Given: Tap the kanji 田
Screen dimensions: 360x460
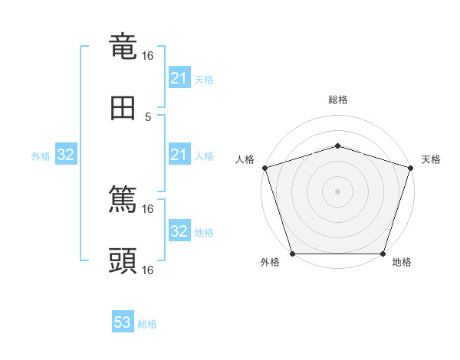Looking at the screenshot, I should (x=123, y=109).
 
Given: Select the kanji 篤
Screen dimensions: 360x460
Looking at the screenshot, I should (x=123, y=200).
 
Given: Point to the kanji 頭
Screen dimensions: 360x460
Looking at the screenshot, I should (x=123, y=261).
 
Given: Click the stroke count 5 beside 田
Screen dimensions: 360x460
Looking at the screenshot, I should (x=148, y=116).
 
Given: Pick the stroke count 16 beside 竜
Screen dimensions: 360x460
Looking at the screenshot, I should (x=148, y=56).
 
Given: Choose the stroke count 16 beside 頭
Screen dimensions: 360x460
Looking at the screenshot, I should (x=148, y=270).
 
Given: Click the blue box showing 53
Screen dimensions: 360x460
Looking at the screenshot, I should (x=123, y=322).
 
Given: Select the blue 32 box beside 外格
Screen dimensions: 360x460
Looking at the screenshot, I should (x=65, y=155).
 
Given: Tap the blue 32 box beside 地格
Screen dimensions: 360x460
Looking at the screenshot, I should (x=179, y=231).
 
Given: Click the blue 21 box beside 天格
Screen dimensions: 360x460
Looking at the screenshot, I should (x=179, y=78).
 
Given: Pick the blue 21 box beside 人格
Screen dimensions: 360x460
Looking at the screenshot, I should (x=179, y=155).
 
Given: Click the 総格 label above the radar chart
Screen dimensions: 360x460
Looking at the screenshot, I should (x=338, y=100).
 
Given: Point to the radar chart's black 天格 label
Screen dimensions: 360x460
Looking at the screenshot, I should (x=431, y=159).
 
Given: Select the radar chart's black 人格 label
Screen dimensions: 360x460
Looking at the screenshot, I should (x=245, y=159).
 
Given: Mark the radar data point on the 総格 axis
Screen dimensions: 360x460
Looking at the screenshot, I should (x=338, y=146).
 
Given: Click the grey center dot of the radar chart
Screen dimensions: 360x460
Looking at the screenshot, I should (x=338, y=191).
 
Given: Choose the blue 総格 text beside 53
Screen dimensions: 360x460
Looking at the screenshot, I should (x=147, y=324).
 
